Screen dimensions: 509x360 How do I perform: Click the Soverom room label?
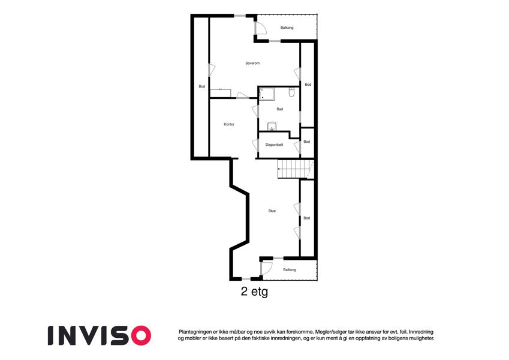point(252,64)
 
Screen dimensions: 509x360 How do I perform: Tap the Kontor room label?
point(229,124)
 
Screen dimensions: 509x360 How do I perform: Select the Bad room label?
point(279,109)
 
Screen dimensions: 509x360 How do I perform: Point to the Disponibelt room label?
point(274,145)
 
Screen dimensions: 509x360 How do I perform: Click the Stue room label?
point(272,211)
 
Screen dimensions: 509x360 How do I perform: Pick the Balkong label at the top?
point(287,28)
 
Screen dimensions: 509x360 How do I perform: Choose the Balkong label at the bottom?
point(290,269)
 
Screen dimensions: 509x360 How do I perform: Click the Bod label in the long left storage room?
point(202,86)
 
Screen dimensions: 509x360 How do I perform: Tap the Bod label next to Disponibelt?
point(307,142)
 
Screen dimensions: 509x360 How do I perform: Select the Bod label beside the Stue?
point(307,218)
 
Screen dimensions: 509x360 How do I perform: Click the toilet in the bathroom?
point(291,92)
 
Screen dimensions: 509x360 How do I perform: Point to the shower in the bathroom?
point(267,94)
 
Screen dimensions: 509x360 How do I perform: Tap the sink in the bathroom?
point(272,127)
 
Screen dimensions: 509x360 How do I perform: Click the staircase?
point(295,169)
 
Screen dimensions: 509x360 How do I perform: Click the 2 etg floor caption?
point(254,292)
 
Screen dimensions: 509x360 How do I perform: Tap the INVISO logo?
point(100,335)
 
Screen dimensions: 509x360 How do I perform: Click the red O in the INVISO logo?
point(141,335)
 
